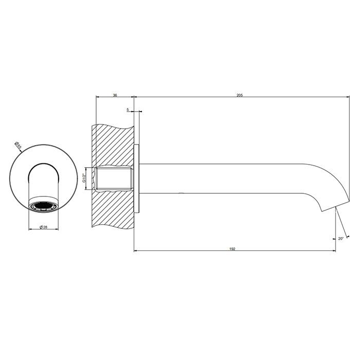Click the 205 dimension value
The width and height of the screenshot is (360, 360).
tap(240, 94)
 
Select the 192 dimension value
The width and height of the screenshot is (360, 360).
tap(232, 248)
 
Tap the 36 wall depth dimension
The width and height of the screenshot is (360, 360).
tap(115, 94)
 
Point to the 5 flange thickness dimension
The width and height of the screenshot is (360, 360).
tap(127, 110)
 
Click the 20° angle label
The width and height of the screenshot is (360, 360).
tap(341, 238)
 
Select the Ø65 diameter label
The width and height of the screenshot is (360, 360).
tap(18, 146)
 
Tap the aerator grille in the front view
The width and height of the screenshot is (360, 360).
tap(43, 207)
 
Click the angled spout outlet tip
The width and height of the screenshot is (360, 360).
tap(328, 208)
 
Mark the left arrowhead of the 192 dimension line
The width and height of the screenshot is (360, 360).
tap(136, 251)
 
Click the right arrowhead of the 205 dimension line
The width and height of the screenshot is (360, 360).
tap(348, 97)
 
